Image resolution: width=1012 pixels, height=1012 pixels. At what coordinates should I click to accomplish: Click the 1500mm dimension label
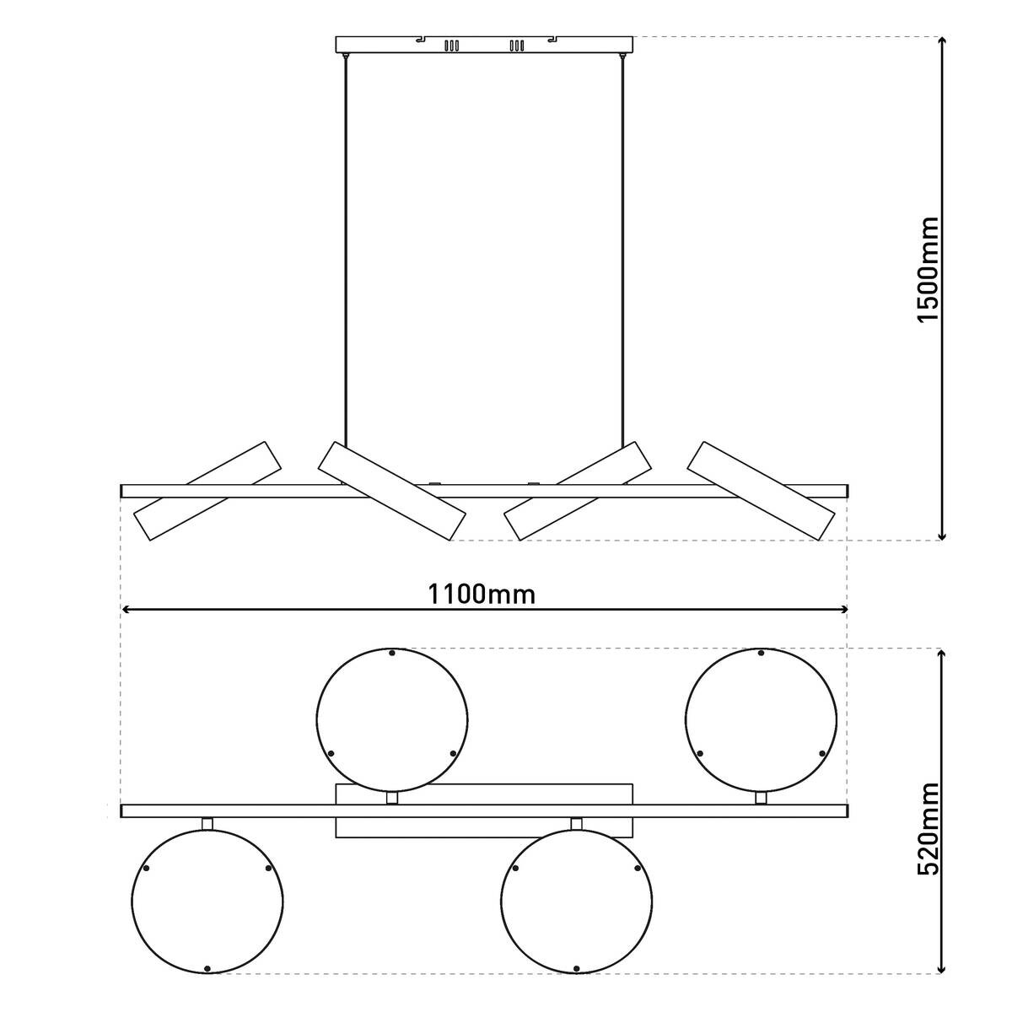coord(926,268)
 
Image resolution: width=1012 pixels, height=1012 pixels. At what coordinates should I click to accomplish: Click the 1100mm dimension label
coord(482,595)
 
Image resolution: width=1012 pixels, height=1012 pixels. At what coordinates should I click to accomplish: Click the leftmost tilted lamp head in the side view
coord(208,491)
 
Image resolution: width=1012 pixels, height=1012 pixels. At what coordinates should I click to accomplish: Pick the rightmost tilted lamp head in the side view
coord(761,491)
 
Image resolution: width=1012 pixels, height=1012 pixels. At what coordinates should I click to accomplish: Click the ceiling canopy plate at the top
coord(484,44)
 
